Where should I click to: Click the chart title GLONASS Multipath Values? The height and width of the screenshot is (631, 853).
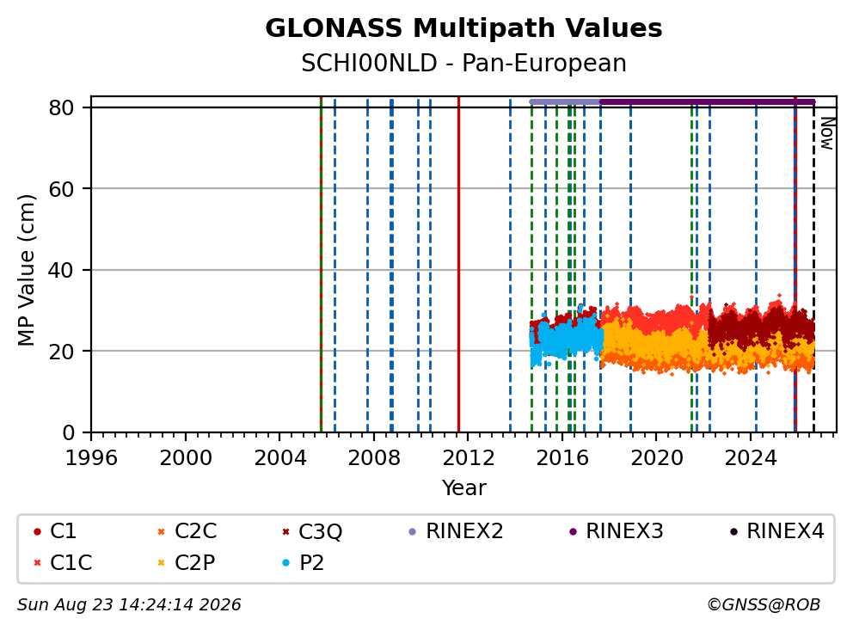coord(463,28)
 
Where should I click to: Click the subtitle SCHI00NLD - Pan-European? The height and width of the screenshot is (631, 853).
coord(463,63)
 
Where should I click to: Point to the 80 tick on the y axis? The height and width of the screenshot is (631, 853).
coord(61,107)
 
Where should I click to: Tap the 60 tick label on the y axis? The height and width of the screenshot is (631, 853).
coord(61,189)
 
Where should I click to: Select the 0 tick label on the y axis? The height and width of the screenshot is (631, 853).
coord(69,432)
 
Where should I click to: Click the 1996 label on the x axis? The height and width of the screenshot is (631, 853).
coord(91,458)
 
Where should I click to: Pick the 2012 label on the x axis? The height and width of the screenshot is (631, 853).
coord(469,458)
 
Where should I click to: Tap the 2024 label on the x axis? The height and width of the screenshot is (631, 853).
coord(751,458)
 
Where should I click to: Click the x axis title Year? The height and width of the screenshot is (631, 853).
coord(463,487)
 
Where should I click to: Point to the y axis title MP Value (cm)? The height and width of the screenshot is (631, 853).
coord(26,270)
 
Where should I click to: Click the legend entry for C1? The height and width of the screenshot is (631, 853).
coord(55,531)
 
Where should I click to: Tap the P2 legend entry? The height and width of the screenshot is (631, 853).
coord(303,562)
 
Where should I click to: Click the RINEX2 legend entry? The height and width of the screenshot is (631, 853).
coord(456,531)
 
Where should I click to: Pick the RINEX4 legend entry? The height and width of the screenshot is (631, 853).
coord(776,531)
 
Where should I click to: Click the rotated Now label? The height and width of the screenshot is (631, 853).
coord(827,133)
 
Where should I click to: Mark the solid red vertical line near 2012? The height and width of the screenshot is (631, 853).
coord(458,265)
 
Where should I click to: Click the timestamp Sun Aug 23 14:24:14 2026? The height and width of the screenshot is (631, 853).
coord(129,604)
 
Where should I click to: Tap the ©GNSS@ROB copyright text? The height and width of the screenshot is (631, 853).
coord(764,604)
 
